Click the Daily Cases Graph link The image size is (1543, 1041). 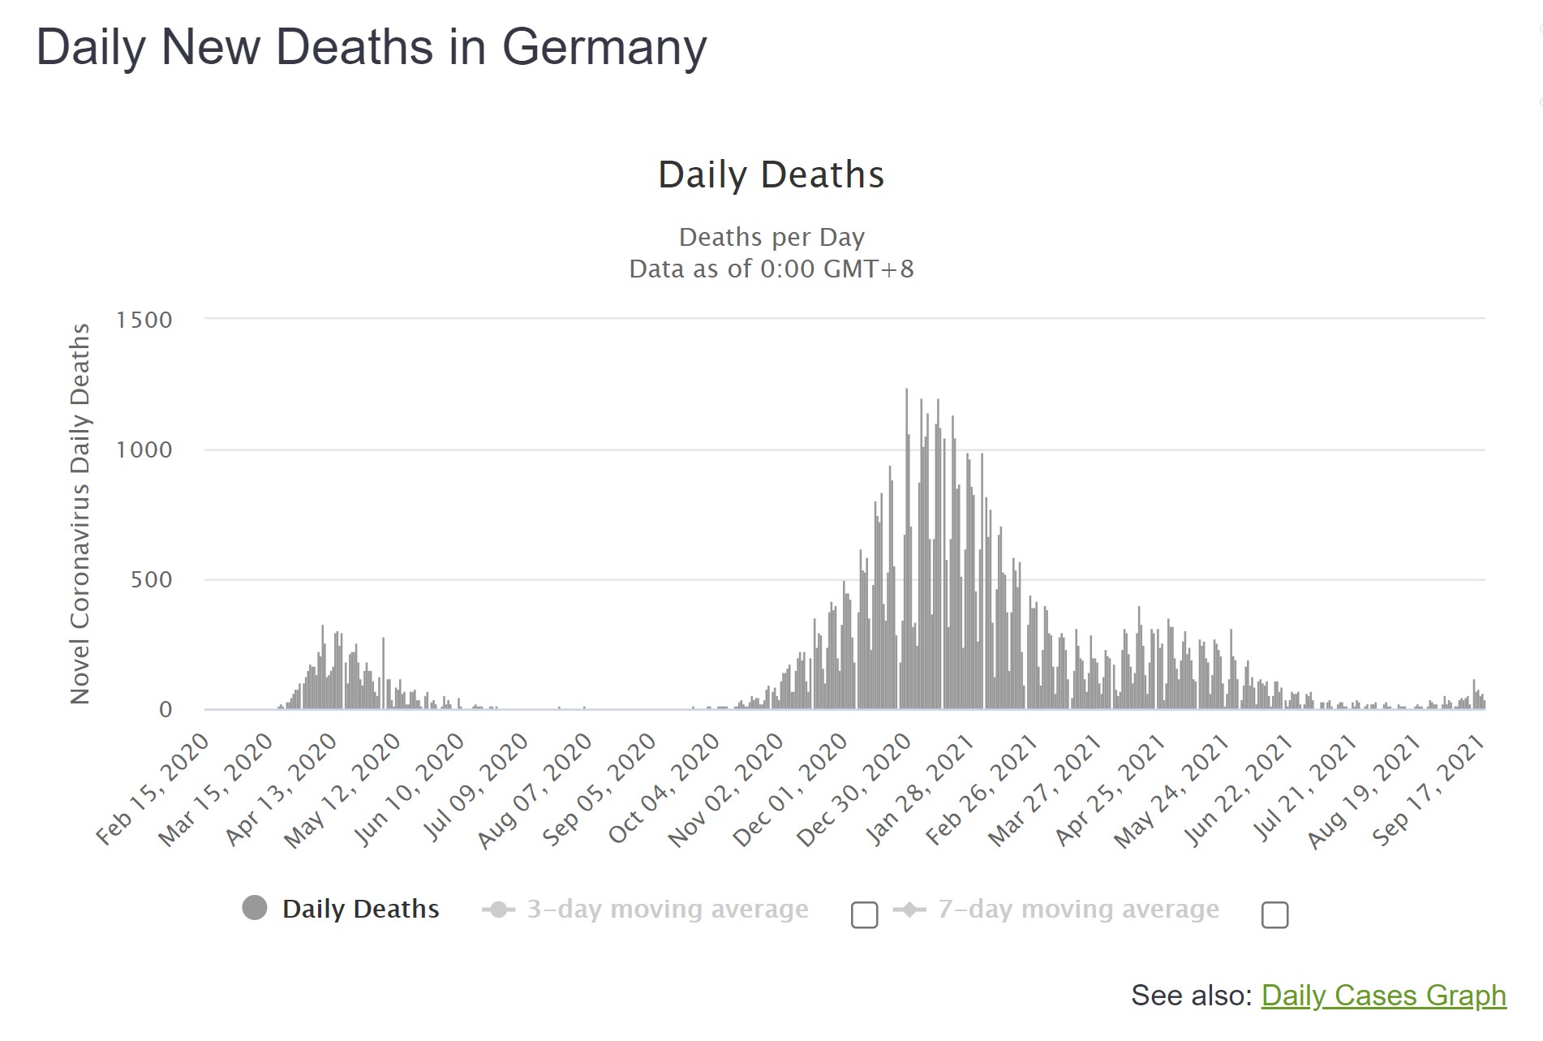[x=1383, y=996]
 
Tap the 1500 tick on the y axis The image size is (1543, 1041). [x=144, y=320]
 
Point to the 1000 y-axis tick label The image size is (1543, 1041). [x=144, y=450]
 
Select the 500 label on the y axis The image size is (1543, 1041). [x=152, y=579]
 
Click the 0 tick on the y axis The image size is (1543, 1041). [x=165, y=710]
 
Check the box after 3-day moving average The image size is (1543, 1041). [x=864, y=915]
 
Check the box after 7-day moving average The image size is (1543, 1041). [x=1274, y=915]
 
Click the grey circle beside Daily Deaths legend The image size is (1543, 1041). [x=255, y=908]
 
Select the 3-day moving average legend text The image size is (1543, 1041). [x=667, y=909]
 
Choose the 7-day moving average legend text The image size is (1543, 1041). [x=1078, y=909]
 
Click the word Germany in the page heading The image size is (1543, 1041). [x=604, y=47]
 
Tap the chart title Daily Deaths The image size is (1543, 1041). [x=771, y=174]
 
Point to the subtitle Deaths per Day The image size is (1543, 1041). [x=771, y=237]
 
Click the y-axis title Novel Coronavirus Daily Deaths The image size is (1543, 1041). [x=80, y=514]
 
